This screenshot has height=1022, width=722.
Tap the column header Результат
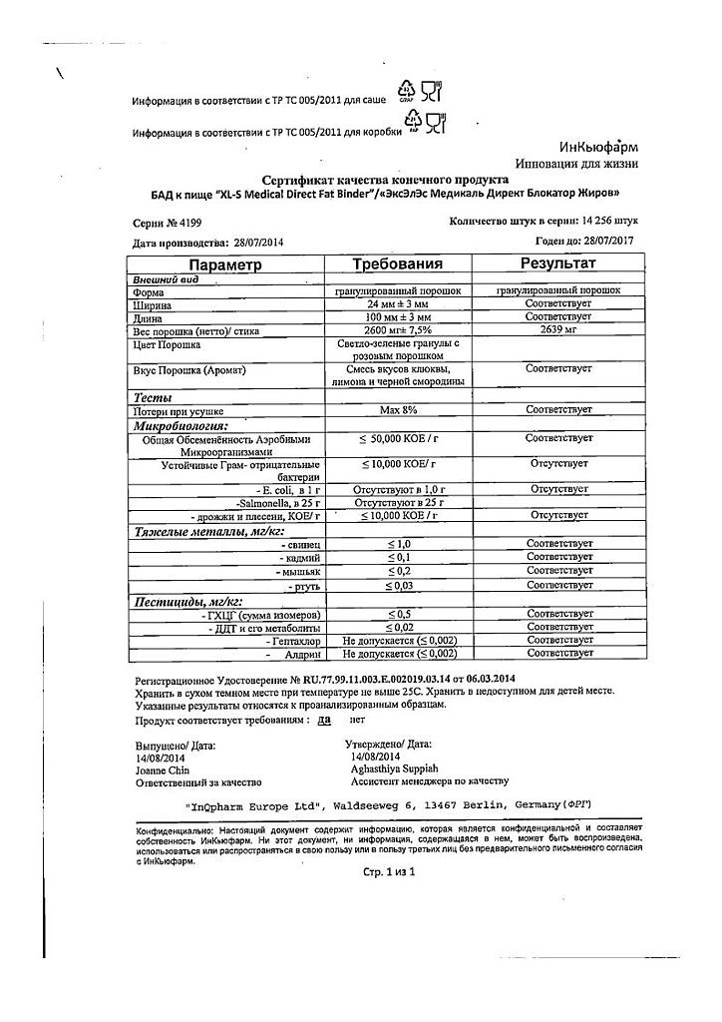point(558,263)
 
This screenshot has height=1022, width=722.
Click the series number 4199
point(178,224)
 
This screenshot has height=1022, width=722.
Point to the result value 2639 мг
point(559,330)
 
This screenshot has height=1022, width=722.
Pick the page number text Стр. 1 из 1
point(389,871)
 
